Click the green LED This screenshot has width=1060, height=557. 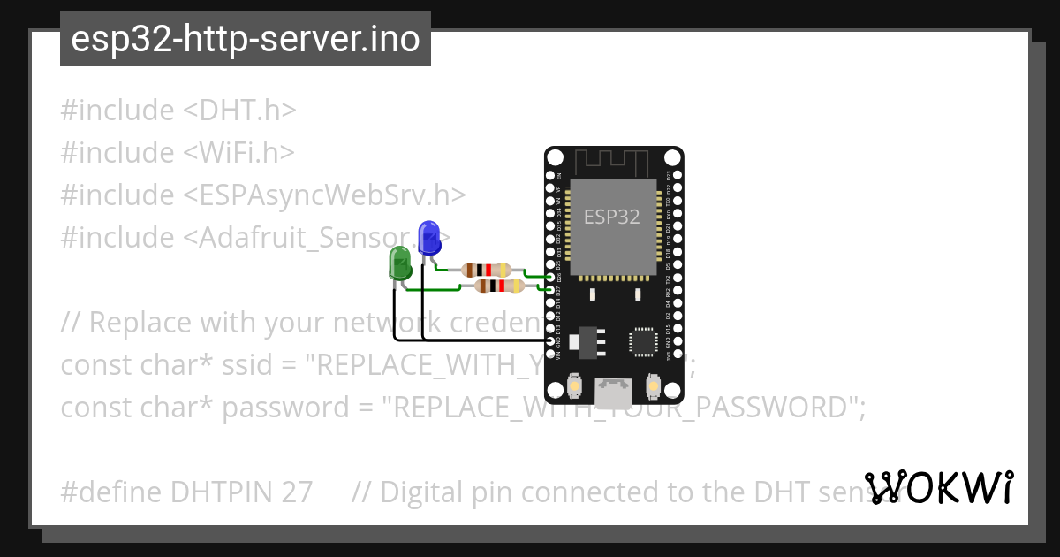pos(400,263)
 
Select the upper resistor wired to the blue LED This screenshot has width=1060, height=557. pos(487,270)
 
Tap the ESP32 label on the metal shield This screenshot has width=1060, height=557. pos(611,217)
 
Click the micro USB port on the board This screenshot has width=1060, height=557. pos(613,393)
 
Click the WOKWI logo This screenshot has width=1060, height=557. pos(939,487)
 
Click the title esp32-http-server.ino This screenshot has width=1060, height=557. pos(245,39)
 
